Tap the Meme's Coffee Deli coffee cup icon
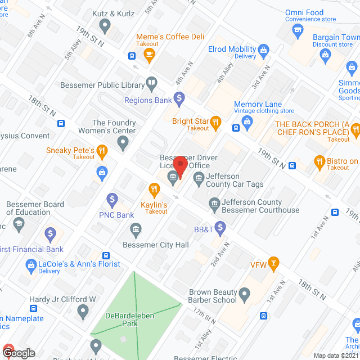coord(149,55)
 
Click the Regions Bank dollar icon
coord(179,100)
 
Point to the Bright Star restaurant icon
coord(215,121)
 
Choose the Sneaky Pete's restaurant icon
coord(101,150)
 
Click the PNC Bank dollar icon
coord(112,199)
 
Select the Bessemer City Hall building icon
coord(136,229)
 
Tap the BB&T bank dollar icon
coord(220,228)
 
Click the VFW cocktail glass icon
coord(273,263)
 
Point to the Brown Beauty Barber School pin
coord(244,294)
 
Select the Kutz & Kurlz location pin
coord(105,25)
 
